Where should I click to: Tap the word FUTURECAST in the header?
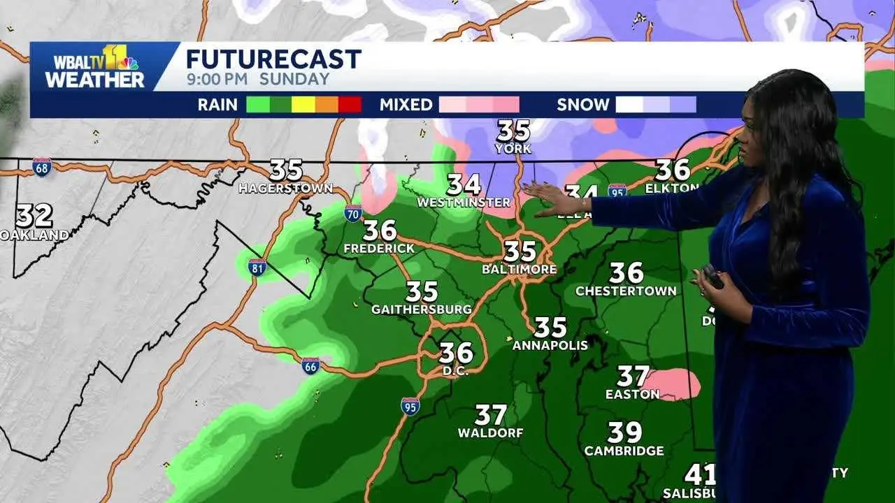point(273,59)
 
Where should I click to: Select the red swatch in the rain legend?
point(350,105)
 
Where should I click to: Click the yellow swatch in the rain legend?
point(303,105)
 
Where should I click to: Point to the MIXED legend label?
point(406,105)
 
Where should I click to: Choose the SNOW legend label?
point(583,105)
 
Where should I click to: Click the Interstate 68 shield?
point(41,167)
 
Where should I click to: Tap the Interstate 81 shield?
point(257,267)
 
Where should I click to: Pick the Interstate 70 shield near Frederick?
point(354,213)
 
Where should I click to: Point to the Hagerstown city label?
point(285,189)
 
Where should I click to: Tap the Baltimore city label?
point(520,269)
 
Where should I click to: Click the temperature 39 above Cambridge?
point(624,432)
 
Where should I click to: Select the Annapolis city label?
point(550,345)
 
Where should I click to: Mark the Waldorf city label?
point(491,433)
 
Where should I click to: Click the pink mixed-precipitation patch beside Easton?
point(672,384)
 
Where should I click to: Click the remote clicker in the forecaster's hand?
point(713,277)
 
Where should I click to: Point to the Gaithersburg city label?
point(422,309)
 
